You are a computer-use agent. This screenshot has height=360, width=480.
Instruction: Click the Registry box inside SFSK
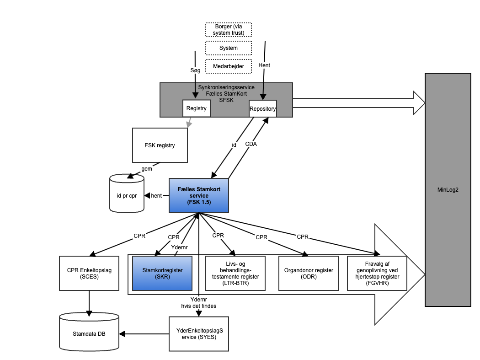pyautogui.click(x=197, y=108)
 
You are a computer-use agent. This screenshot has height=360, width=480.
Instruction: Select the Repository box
pyautogui.click(x=263, y=108)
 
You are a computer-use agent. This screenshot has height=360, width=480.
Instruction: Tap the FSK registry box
pyautogui.click(x=160, y=145)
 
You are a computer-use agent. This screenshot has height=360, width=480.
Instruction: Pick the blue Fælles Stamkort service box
pyautogui.click(x=199, y=195)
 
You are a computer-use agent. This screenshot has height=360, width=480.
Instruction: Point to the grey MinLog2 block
pyautogui.click(x=448, y=189)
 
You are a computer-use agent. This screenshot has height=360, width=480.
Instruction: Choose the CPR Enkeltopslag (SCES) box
pyautogui.click(x=89, y=273)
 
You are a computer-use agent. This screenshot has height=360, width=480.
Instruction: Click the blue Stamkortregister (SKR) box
pyautogui.click(x=162, y=273)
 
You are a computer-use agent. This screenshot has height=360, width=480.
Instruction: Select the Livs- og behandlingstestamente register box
pyautogui.click(x=235, y=273)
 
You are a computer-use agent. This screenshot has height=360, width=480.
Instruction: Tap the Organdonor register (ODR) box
pyautogui.click(x=309, y=273)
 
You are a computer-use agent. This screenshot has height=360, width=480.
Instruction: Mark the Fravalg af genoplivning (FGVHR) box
pyautogui.click(x=377, y=273)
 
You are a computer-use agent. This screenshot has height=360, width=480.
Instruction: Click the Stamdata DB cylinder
pyautogui.click(x=89, y=333)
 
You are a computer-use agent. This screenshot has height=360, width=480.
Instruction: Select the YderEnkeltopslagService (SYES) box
pyautogui.click(x=199, y=333)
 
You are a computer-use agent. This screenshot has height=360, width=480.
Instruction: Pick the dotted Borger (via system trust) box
pyautogui.click(x=229, y=30)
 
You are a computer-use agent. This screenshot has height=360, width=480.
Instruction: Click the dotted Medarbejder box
pyautogui.click(x=229, y=66)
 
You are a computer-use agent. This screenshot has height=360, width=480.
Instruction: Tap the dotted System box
pyautogui.click(x=229, y=48)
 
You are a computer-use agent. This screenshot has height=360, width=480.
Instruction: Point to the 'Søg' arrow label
pyautogui.click(x=195, y=70)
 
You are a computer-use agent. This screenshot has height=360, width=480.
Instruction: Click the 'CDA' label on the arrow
pyautogui.click(x=251, y=144)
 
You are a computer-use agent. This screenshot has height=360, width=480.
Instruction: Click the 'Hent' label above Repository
pyautogui.click(x=264, y=65)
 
